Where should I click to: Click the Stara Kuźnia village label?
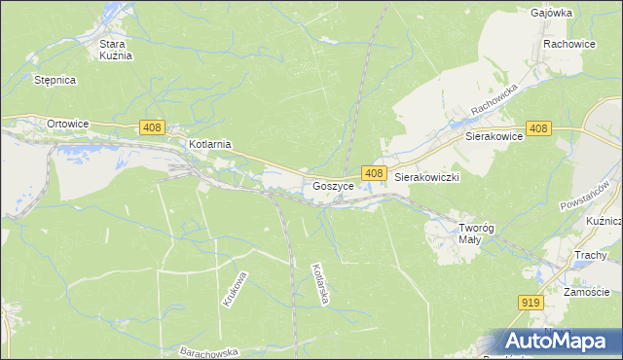tap(115, 50)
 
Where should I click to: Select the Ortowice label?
tap(68, 124)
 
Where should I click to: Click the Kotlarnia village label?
tap(209, 144)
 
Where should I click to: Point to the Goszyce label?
tap(332, 185)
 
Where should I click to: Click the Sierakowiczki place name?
tap(426, 178)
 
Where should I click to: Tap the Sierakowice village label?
tap(495, 137)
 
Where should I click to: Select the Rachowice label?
tap(569, 44)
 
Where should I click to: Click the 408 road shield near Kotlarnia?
tap(152, 127)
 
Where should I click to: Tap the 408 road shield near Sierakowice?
tap(539, 128)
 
